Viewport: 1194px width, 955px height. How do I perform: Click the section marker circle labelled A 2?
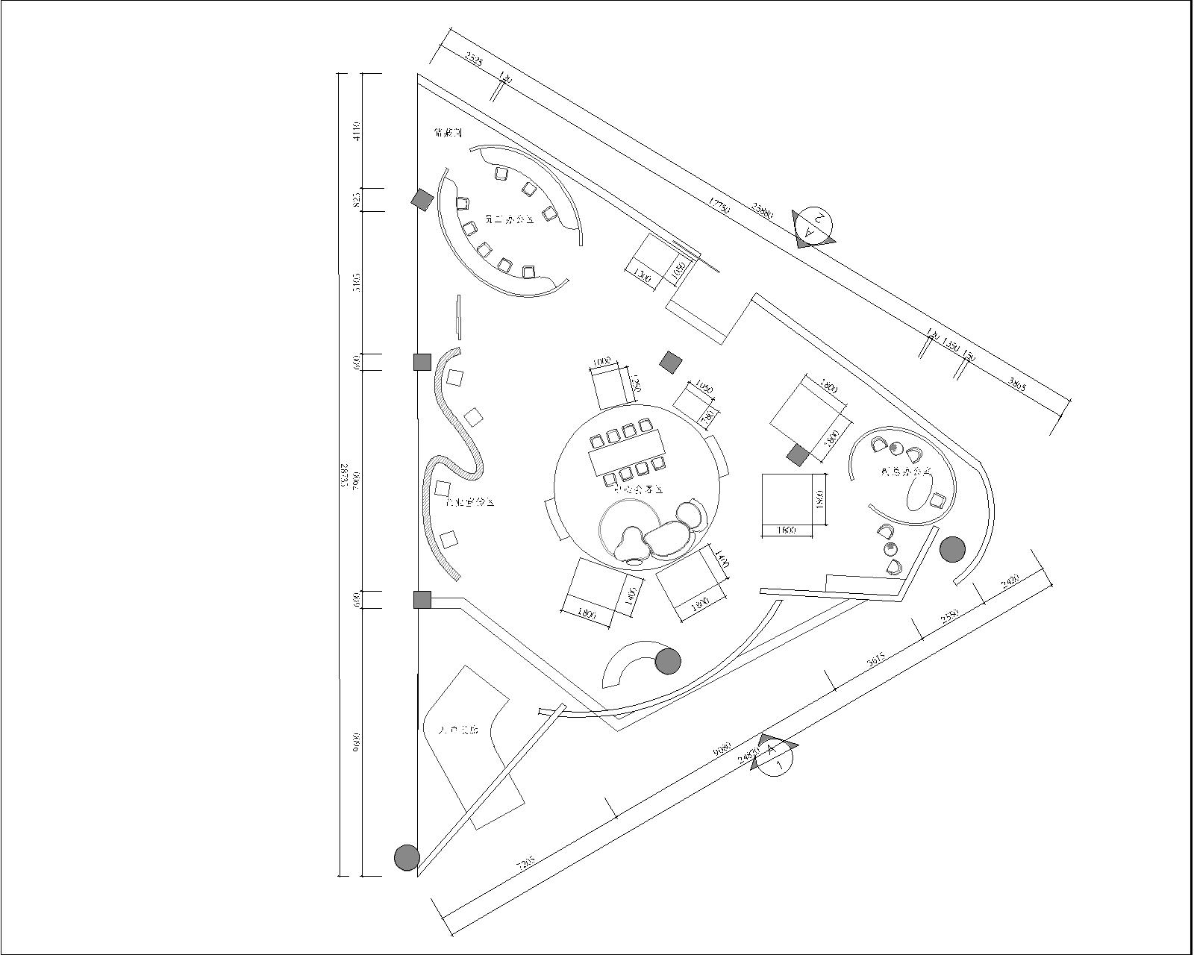tap(813, 224)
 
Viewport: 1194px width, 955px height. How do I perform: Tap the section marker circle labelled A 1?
tap(775, 757)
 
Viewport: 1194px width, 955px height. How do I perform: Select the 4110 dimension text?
tap(357, 131)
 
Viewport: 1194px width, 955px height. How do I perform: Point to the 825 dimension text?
tap(357, 199)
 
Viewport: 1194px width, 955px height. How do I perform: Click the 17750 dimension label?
tap(719, 206)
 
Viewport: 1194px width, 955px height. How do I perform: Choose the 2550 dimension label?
tap(949, 616)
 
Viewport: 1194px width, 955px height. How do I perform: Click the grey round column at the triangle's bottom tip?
tap(407, 857)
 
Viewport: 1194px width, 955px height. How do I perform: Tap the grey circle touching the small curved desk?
tap(668, 661)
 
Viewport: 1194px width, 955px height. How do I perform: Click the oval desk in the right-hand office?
tap(918, 493)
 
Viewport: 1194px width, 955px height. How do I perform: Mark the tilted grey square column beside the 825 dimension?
tap(422, 199)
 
